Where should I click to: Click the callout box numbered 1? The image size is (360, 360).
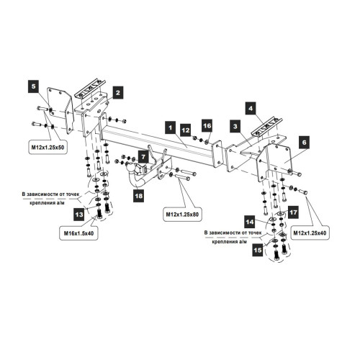pos(171,127)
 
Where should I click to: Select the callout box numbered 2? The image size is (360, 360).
pos(117,93)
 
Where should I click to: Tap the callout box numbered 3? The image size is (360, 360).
pos(235,126)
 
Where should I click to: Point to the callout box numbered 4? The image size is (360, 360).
pos(251,108)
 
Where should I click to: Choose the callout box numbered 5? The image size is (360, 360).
pos(34,86)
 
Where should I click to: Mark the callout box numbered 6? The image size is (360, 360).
pos(305,143)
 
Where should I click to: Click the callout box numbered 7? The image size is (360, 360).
pos(143,157)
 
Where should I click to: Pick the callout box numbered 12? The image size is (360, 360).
pos(186,130)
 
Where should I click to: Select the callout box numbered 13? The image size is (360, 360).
pos(79,215)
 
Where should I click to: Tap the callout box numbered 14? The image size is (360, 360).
pos(250,222)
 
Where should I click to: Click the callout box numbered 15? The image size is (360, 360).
pos(258,251)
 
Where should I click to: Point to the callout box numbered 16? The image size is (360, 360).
pos(207,126)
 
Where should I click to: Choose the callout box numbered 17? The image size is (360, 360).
pos(293,212)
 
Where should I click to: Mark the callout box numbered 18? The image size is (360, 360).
pos(139,196)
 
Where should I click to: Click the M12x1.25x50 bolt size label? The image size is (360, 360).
pos(48,148)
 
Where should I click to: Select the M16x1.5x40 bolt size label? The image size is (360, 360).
pos(78,233)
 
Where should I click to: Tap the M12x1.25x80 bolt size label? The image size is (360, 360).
pos(182,214)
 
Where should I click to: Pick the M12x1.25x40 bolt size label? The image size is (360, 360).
pos(310,233)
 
